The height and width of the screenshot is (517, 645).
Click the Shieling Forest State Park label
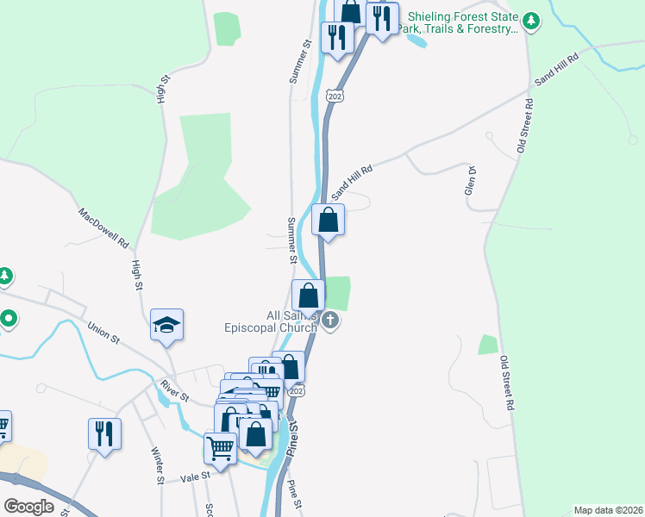pyautogui.click(x=463, y=22)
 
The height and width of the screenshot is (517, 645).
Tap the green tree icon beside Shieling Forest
pyautogui.click(x=532, y=20)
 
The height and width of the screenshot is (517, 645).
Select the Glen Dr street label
pyautogui.click(x=471, y=180)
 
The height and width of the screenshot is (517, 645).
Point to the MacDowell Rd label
pyautogui.click(x=103, y=226)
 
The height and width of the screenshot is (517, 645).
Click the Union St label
pyautogui.click(x=103, y=332)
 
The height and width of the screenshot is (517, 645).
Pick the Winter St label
pyautogui.click(x=158, y=465)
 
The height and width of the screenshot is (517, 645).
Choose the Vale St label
pyautogui.click(x=196, y=476)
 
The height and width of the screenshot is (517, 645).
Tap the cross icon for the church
pyautogui.click(x=331, y=322)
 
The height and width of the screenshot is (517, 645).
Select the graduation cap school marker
pyautogui.click(x=167, y=325)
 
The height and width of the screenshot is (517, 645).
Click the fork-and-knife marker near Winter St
pyautogui.click(x=104, y=433)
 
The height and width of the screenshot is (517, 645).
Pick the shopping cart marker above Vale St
pyautogui.click(x=220, y=447)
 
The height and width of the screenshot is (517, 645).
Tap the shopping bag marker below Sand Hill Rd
pyautogui.click(x=329, y=219)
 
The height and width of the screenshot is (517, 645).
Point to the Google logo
pyautogui.click(x=28, y=507)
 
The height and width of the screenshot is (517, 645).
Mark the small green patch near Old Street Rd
pyautogui.click(x=489, y=345)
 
